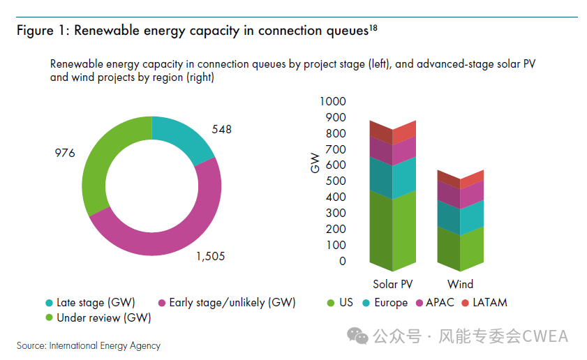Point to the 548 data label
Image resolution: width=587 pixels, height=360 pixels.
pyautogui.click(x=221, y=129)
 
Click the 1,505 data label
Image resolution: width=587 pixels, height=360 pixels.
pyautogui.click(x=210, y=257)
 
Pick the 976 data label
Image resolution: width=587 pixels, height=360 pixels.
pyautogui.click(x=64, y=153)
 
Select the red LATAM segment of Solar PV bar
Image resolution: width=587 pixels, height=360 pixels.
pyautogui.click(x=392, y=131)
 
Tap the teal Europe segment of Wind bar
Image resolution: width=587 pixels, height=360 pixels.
pyautogui.click(x=460, y=217)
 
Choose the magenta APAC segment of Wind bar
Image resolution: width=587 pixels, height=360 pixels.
pyautogui.click(x=460, y=193)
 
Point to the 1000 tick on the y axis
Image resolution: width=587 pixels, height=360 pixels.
pyautogui.click(x=332, y=102)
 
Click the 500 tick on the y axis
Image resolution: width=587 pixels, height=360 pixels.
pyautogui.click(x=334, y=181)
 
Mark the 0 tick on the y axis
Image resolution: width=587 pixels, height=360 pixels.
pyautogui.click(x=342, y=262)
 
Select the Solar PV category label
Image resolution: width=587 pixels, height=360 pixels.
pyautogui.click(x=393, y=284)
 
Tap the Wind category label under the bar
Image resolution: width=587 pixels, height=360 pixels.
pyautogui.click(x=460, y=284)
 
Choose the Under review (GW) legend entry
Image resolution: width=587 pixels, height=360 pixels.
pyautogui.click(x=98, y=318)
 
